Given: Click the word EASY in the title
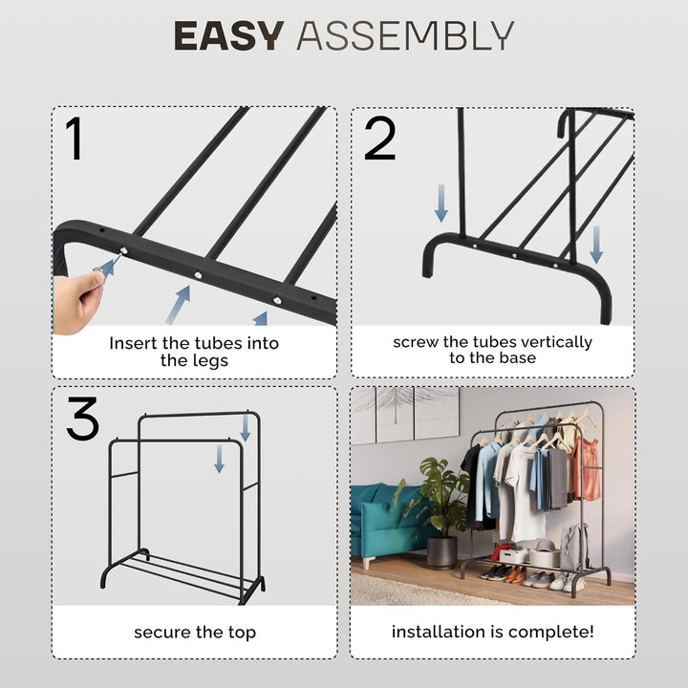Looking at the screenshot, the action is (x=228, y=35).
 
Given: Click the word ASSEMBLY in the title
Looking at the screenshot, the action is (x=405, y=35).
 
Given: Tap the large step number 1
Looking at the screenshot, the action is (x=75, y=139).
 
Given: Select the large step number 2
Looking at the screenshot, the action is (x=380, y=139).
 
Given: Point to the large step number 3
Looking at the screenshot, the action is (x=83, y=419).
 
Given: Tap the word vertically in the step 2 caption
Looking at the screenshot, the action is (x=554, y=342).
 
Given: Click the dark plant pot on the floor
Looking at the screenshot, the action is (x=441, y=552).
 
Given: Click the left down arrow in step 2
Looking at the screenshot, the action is (x=441, y=204).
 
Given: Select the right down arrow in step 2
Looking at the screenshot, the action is (x=596, y=245).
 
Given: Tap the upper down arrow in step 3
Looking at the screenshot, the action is (x=246, y=428).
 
